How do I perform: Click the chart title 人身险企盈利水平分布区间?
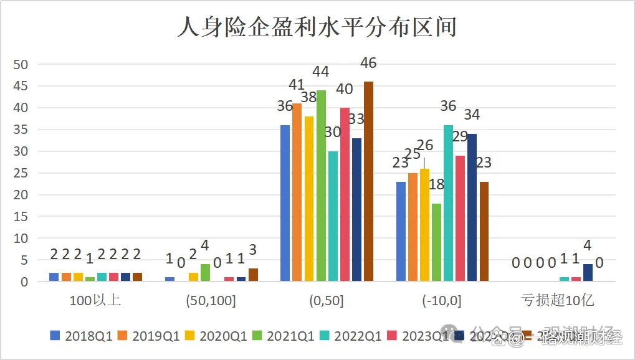pyautogui.click(x=317, y=28)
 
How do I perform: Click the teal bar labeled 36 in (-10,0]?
pyautogui.click(x=448, y=203)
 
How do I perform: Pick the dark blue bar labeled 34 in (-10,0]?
pyautogui.click(x=472, y=207)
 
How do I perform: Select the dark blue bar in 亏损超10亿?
pyautogui.click(x=588, y=273)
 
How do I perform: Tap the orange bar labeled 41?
pyautogui.click(x=297, y=192)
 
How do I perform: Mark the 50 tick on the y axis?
pyautogui.click(x=21, y=64)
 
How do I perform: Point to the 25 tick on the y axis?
pyautogui.click(x=21, y=173)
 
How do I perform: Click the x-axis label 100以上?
pyautogui.click(x=96, y=301)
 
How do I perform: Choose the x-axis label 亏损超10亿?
pyautogui.click(x=558, y=301)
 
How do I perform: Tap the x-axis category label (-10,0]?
pyautogui.click(x=442, y=301)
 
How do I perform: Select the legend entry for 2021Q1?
pyautogui.click(x=284, y=337)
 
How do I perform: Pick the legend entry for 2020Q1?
pyautogui.click(x=216, y=337)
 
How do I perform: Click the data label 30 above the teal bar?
pyautogui.click(x=333, y=132)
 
